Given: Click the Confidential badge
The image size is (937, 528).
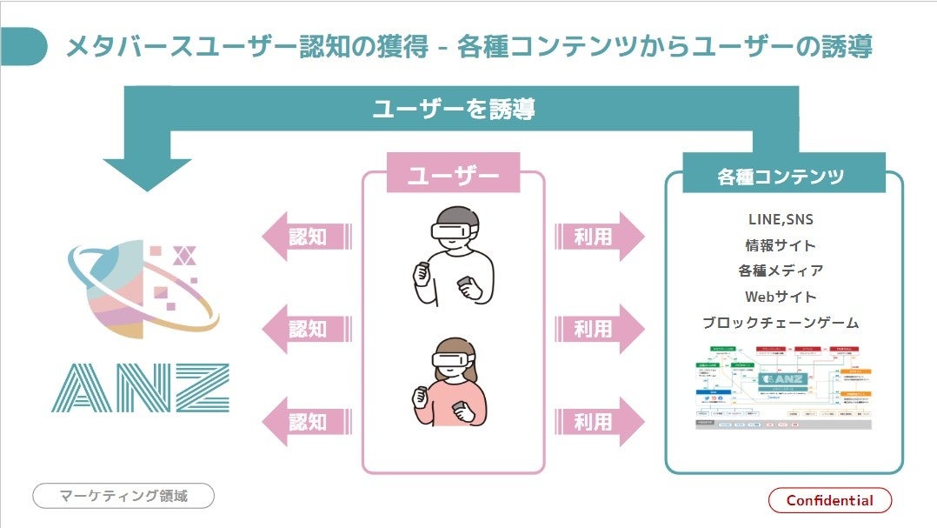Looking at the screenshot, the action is (830, 500).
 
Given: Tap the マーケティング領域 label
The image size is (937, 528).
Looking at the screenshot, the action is (123, 496).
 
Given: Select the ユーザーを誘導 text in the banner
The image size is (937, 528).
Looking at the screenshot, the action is (453, 109).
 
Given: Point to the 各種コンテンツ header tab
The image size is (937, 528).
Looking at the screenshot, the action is (781, 177).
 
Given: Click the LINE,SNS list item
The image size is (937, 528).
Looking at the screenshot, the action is (780, 220).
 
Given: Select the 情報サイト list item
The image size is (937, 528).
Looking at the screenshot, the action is (780, 245).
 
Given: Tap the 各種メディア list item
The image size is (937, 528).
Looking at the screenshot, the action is (780, 271).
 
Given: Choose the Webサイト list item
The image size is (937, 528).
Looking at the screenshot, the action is (780, 297).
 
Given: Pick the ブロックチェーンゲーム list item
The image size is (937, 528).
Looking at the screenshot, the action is (780, 323).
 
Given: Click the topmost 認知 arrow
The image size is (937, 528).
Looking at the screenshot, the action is (306, 236).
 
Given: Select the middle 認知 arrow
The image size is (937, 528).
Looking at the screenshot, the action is (306, 329).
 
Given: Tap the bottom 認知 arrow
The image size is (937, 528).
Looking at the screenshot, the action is (306, 422).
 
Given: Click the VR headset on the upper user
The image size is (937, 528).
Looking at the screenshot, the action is (455, 231).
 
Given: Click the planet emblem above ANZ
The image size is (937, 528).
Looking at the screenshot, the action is (139, 287).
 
